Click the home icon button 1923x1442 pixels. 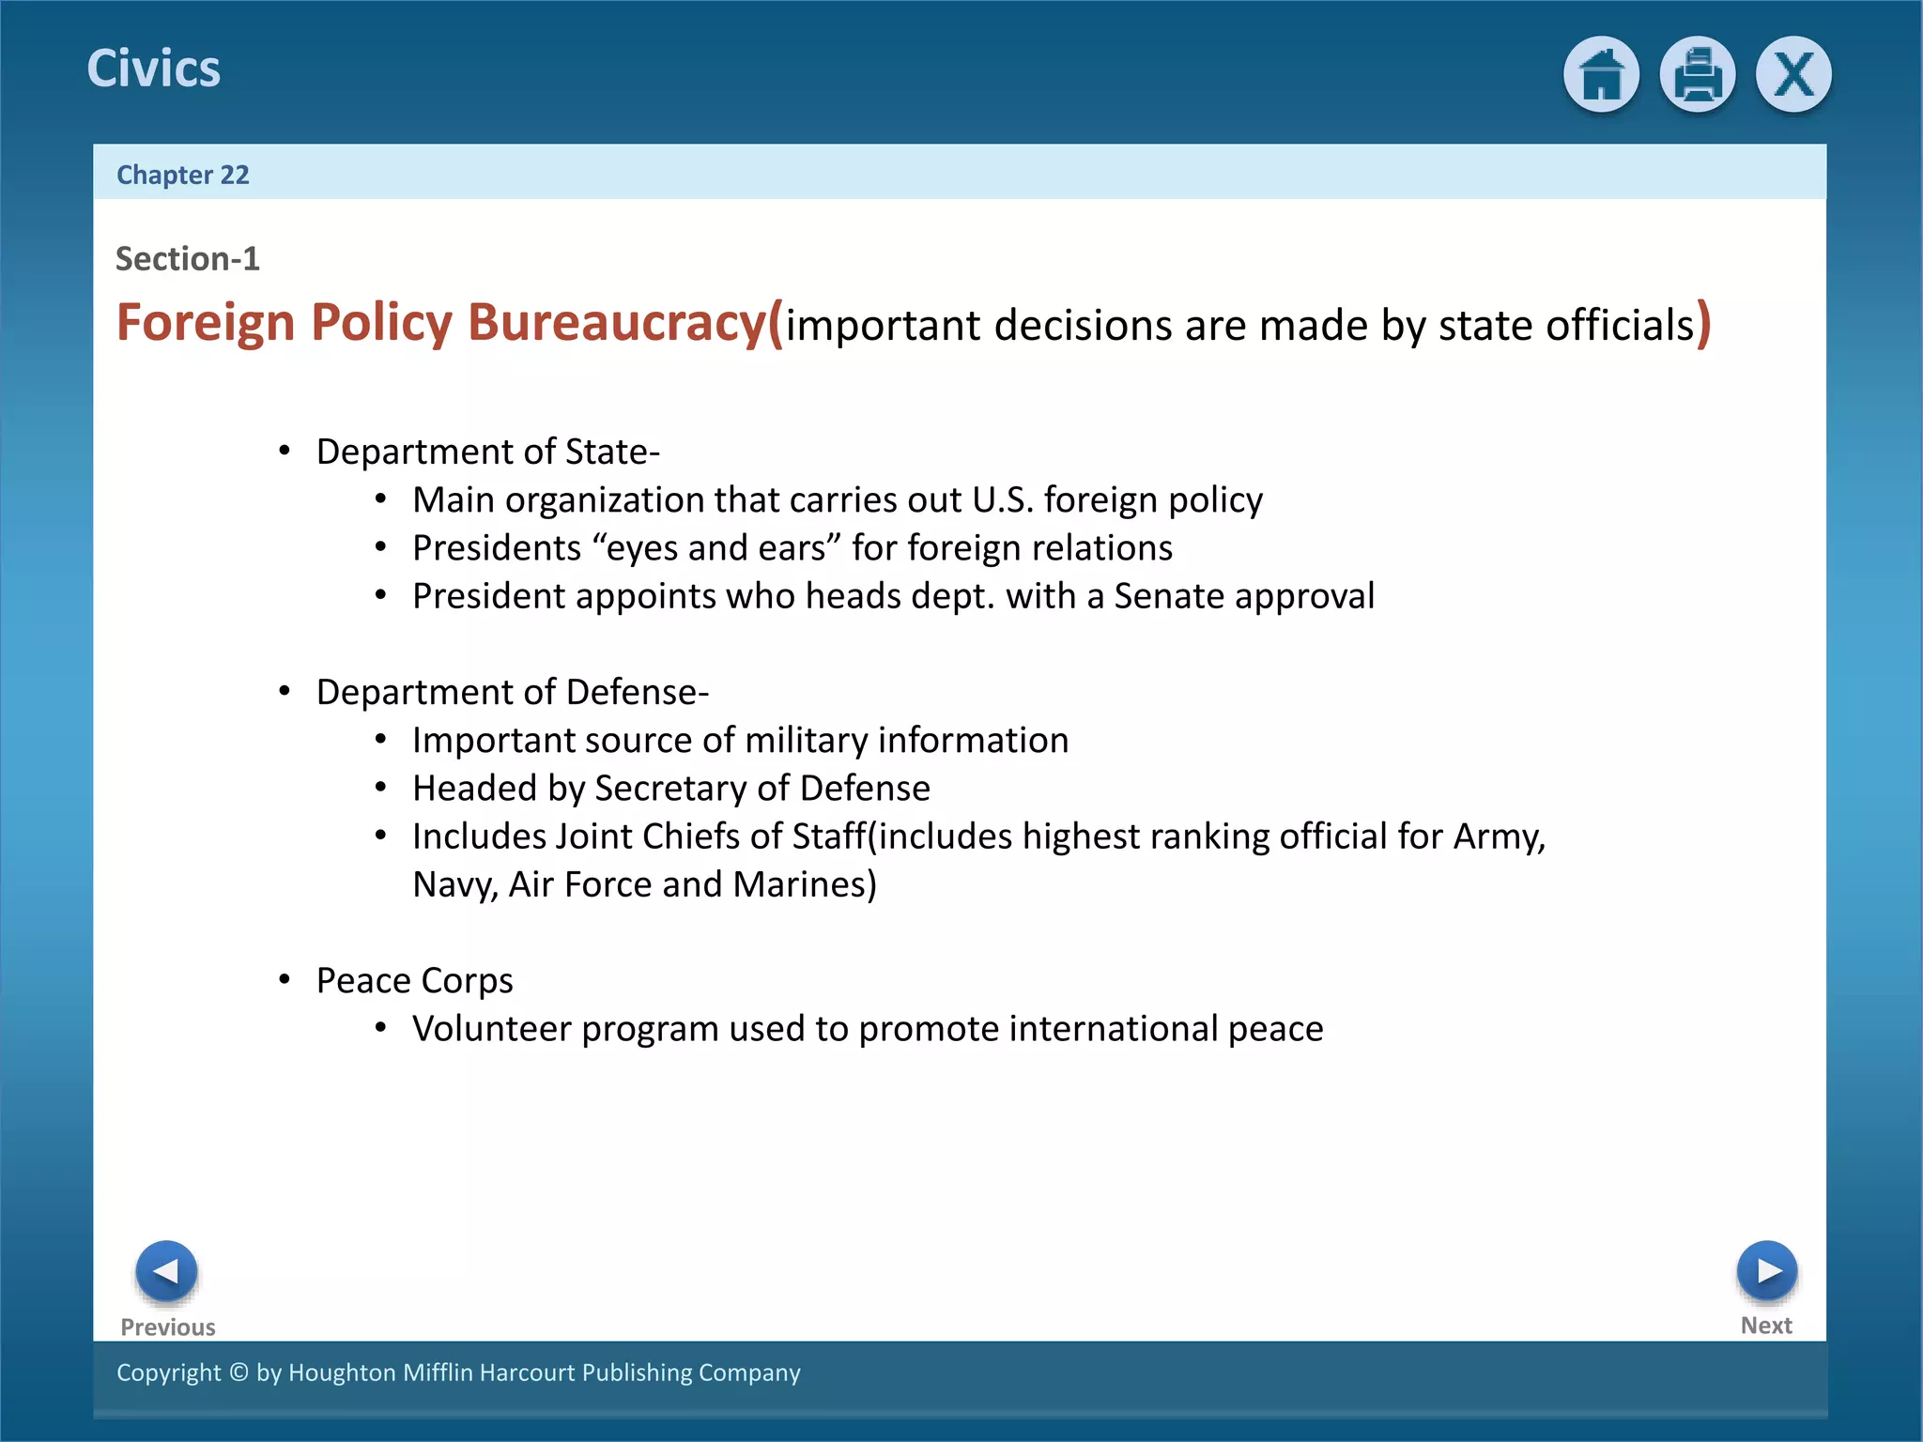coord(1601,74)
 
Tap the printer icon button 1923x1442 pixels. coord(1697,74)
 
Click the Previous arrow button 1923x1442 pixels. coord(166,1271)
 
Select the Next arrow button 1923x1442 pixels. coord(1766,1271)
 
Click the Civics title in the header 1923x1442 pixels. coord(154,69)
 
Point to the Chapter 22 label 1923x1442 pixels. coord(183,175)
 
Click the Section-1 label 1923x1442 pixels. coord(188,258)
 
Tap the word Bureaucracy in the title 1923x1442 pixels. coord(617,323)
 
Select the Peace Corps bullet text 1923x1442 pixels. coord(414,980)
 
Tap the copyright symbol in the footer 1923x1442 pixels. coord(238,1373)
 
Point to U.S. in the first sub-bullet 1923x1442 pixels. coord(1002,500)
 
